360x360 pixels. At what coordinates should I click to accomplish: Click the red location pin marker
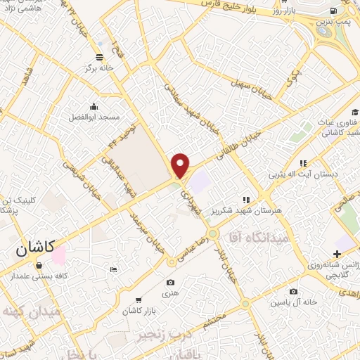click(181, 166)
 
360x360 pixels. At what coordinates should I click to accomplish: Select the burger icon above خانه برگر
click(98, 57)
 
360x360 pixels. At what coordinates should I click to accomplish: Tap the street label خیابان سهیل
click(239, 84)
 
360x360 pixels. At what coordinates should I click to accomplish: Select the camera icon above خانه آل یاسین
click(293, 291)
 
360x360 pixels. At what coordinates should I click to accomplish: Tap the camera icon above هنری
click(171, 283)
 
